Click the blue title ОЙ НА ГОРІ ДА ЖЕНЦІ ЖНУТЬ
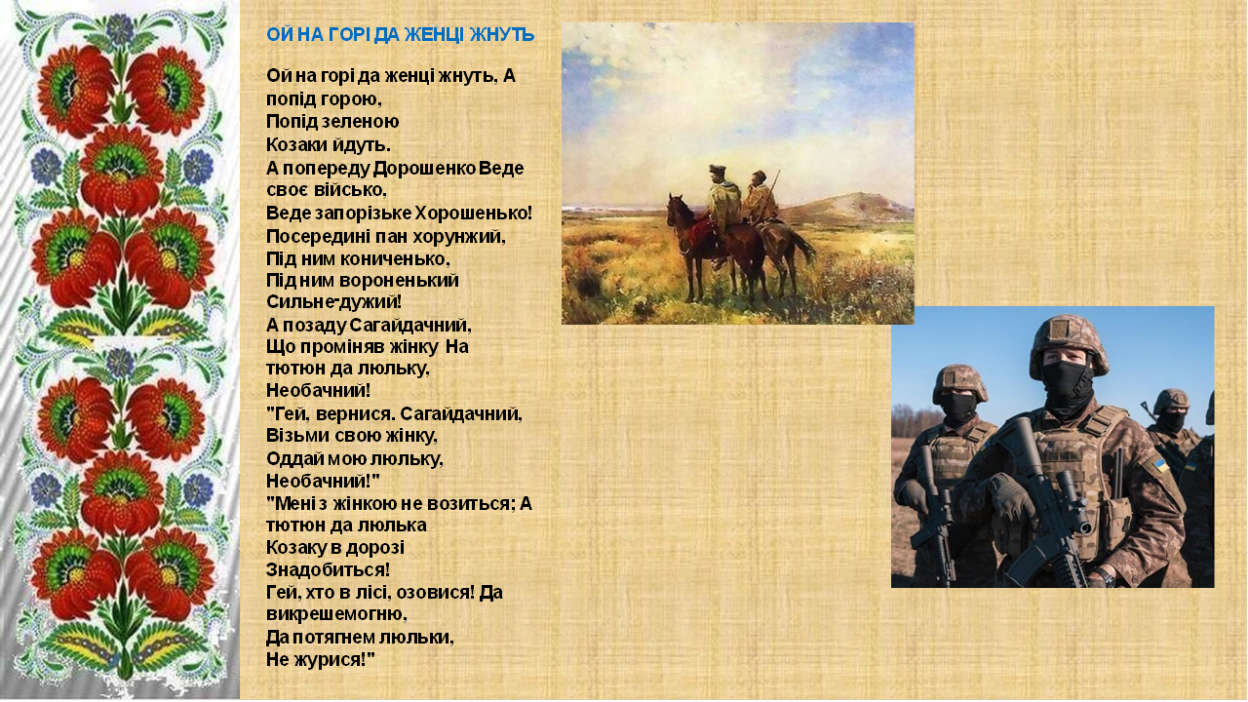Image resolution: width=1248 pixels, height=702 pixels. click(x=400, y=35)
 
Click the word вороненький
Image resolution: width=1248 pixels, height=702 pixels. click(x=404, y=281)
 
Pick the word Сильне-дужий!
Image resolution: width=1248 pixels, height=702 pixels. click(x=333, y=302)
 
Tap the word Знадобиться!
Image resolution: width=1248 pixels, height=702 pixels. click(x=328, y=569)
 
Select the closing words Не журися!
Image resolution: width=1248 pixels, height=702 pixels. click(x=321, y=660)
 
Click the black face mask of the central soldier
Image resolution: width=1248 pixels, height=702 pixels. click(x=1067, y=382)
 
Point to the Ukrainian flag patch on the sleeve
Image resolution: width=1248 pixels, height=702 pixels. click(x=1160, y=463)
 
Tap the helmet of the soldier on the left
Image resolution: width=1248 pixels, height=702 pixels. click(x=959, y=381)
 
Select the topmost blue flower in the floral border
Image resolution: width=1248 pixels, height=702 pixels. click(x=120, y=28)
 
